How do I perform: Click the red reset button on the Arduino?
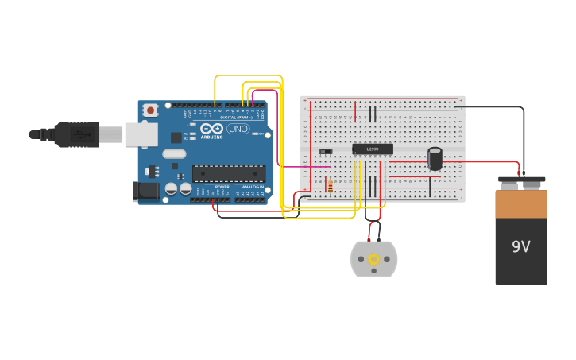pos(150,110)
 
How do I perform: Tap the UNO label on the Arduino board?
pos(238,129)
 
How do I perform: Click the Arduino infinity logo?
pos(211,128)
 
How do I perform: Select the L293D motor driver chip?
pos(373,149)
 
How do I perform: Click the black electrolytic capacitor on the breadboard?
pos(435,158)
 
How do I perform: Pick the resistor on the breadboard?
pos(330,185)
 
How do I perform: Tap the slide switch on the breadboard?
pos(325,151)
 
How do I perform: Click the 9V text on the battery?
pos(520,247)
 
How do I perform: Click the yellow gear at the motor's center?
pos(373,259)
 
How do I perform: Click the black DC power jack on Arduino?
pos(145,191)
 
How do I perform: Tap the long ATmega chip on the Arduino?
pos(229,173)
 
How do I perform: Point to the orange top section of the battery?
pos(521,203)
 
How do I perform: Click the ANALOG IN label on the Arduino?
pos(253,187)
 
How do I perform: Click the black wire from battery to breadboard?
pos(493,107)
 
